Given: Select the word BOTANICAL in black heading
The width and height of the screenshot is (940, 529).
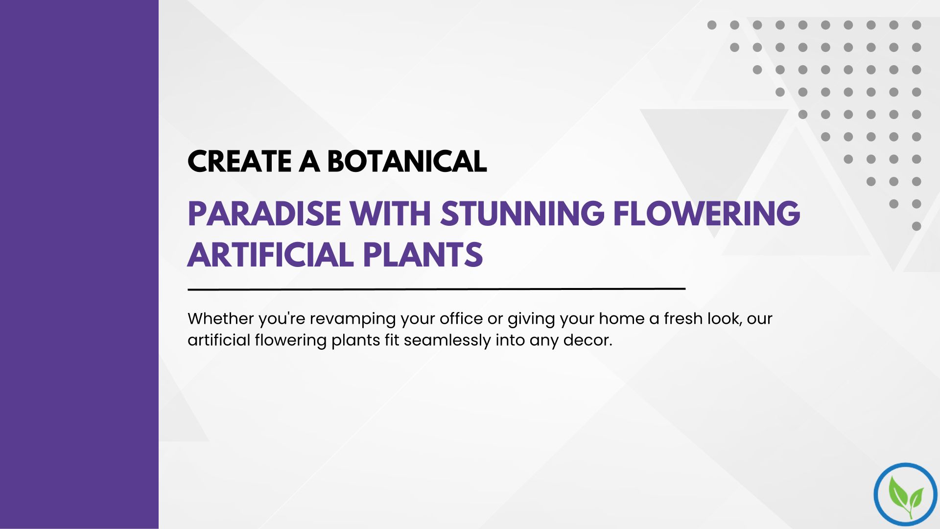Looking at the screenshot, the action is pos(407,161).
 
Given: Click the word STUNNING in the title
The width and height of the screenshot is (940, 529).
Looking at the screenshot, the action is pos(522,214).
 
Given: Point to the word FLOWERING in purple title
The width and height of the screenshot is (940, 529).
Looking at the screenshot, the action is pos(707,214).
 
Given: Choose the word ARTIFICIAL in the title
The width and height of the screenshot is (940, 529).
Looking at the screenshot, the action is pos(271,255).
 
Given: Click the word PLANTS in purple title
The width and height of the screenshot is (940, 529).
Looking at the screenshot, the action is pos(423,255).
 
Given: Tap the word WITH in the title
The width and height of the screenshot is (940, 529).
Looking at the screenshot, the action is pos(390,214).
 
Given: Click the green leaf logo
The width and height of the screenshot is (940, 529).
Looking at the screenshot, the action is pos(906,495).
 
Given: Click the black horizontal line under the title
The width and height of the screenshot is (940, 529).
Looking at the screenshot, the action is pos(436,289).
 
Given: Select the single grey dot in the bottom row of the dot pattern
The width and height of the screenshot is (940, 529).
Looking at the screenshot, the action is pos(916,226).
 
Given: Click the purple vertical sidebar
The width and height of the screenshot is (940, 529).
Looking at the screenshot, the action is pos(79,264).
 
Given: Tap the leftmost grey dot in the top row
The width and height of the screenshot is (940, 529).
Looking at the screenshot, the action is pos(712,25).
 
